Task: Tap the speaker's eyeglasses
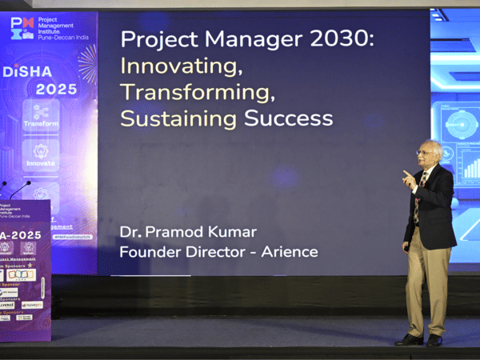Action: pos(423,152)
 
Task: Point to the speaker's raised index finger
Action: pos(406,173)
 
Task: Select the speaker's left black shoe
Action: pos(409,339)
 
